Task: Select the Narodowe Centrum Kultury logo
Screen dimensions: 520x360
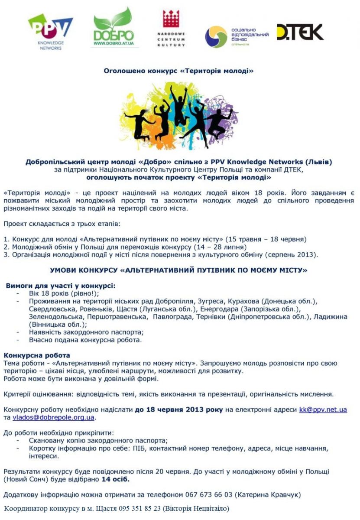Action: pos(171,28)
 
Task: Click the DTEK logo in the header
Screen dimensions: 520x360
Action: pos(300,32)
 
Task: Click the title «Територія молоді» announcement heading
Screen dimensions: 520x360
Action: pos(178,71)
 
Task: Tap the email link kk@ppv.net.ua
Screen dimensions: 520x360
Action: pos(323,409)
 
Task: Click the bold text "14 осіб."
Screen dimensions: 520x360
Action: pos(115,479)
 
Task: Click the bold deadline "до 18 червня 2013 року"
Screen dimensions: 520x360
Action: pos(178,409)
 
